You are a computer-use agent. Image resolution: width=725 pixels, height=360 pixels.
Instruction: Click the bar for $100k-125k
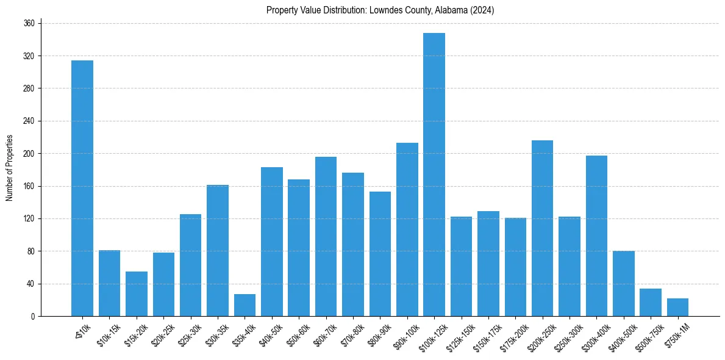pyautogui.click(x=434, y=175)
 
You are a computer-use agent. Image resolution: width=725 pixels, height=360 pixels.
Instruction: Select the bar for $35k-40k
pyautogui.click(x=245, y=305)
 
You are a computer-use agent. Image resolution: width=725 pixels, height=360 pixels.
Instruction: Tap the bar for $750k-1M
pyautogui.click(x=677, y=307)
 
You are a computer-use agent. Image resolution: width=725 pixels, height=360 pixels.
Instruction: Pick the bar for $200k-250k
pyautogui.click(x=542, y=228)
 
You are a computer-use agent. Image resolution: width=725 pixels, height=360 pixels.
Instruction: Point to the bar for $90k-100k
pyautogui.click(x=407, y=229)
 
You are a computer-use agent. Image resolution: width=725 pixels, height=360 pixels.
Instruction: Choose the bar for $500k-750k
pyautogui.click(x=650, y=302)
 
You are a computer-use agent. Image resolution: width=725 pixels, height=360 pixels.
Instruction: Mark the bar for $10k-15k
pyautogui.click(x=109, y=283)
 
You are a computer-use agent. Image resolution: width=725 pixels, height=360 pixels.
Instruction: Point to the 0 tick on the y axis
pyautogui.click(x=35, y=316)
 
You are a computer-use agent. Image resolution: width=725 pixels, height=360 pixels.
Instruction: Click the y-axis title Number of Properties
pyautogui.click(x=9, y=168)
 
